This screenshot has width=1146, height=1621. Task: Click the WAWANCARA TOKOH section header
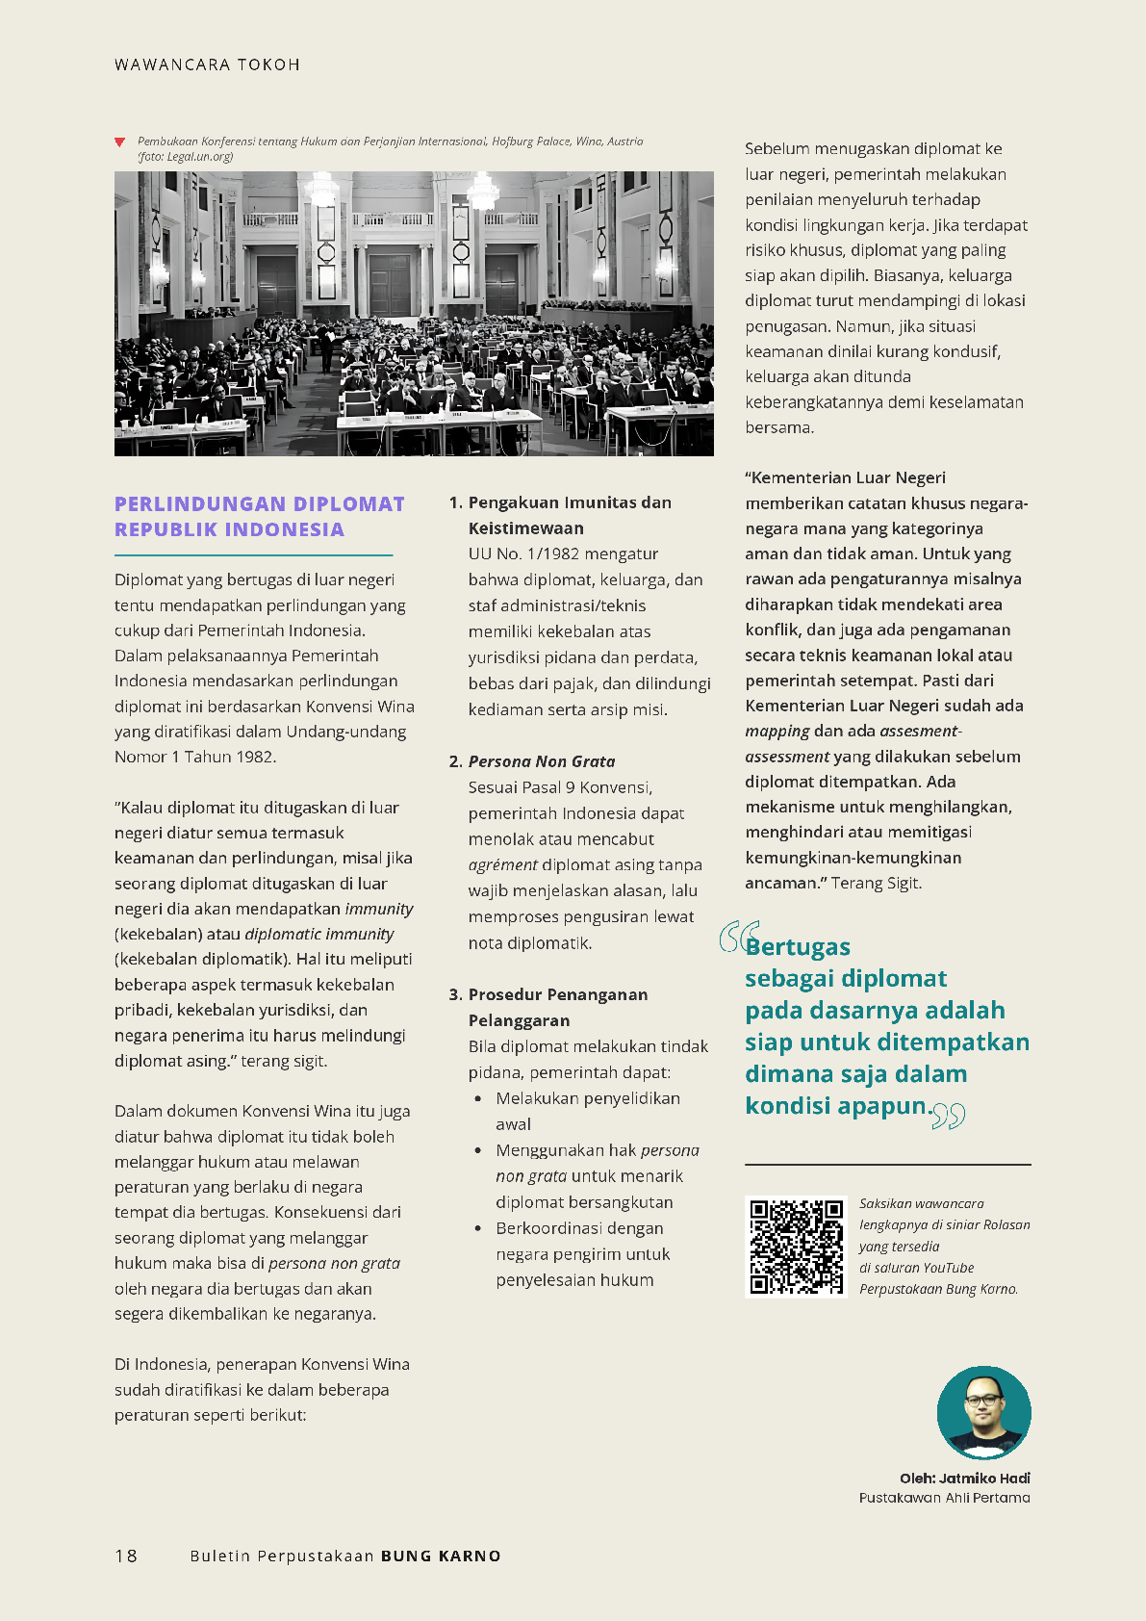[x=207, y=65]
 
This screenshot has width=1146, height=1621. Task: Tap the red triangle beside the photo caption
[x=119, y=142]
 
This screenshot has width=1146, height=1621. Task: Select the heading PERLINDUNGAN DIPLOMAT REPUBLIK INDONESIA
[x=259, y=517]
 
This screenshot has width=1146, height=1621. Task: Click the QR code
[x=796, y=1247]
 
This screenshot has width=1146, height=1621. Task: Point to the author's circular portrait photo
[x=983, y=1412]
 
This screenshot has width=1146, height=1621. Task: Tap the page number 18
[x=126, y=1556]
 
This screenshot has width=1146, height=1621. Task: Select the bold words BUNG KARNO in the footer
[x=441, y=1556]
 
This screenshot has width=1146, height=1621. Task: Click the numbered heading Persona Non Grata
[x=541, y=761]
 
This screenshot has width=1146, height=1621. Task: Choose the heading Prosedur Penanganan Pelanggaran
[x=557, y=1007]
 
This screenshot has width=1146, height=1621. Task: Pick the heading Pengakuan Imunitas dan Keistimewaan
[x=569, y=515]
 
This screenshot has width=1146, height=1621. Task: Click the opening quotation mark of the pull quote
[x=737, y=937]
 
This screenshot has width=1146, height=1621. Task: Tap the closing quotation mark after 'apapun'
[x=949, y=1116]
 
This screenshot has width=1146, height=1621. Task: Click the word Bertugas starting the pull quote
[x=799, y=947]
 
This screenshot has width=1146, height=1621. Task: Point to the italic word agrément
[x=502, y=865]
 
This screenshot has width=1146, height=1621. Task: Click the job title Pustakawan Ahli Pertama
[x=944, y=1498]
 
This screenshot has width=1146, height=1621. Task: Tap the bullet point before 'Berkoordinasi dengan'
[x=478, y=1228]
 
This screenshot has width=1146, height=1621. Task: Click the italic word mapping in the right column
[x=777, y=731]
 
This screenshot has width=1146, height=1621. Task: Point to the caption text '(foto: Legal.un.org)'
[x=185, y=157]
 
